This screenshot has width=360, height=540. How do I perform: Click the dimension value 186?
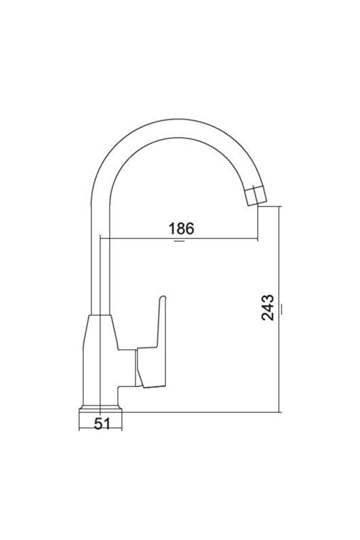click(181, 229)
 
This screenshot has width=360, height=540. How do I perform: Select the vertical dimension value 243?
click(267, 307)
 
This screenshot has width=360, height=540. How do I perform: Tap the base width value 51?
click(102, 423)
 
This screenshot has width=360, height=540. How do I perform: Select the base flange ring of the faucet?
click(100, 408)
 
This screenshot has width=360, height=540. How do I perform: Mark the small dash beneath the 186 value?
click(179, 241)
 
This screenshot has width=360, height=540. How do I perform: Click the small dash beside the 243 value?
click(282, 309)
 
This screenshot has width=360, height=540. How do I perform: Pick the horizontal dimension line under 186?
click(179, 238)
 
